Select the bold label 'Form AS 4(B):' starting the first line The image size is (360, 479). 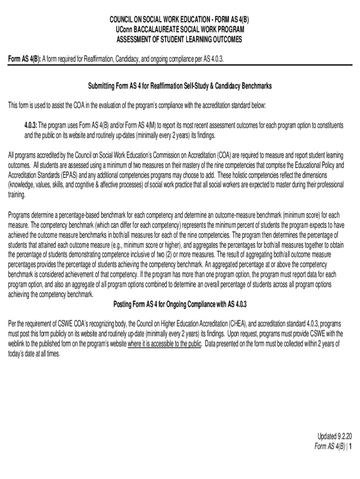[x=25, y=59]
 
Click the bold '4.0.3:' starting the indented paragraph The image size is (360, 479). [x=31, y=126]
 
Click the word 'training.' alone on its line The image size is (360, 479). [x=17, y=195]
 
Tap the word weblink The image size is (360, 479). [x=18, y=344]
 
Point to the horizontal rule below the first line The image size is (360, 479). [x=180, y=65]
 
